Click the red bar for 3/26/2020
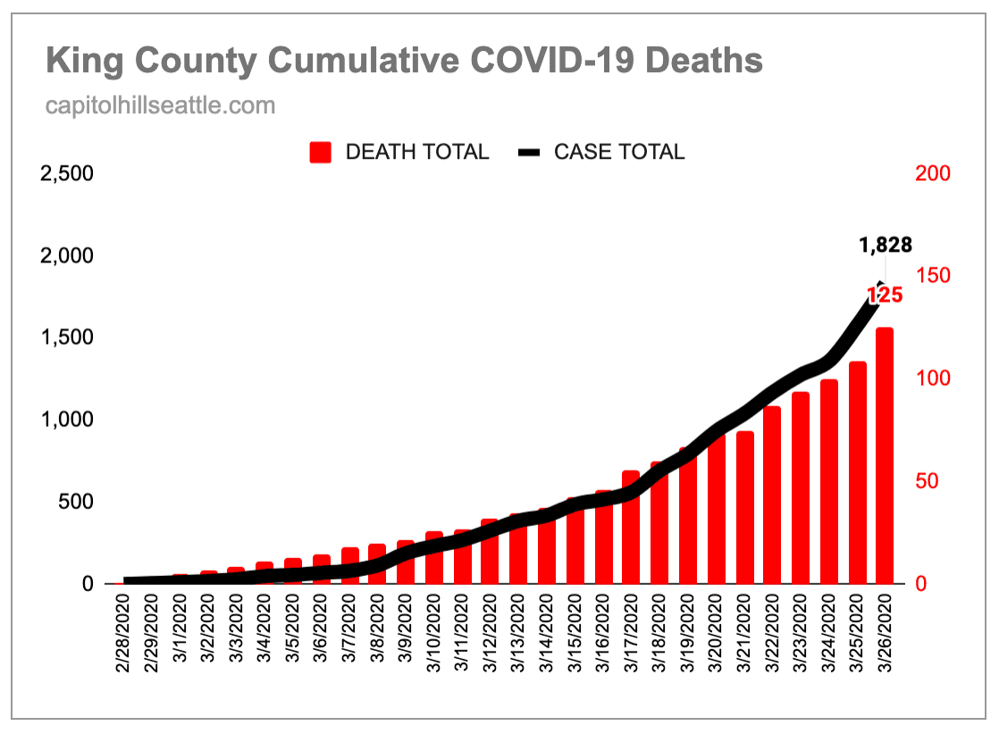tap(885, 455)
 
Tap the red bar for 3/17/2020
tap(631, 527)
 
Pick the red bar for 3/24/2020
tap(829, 481)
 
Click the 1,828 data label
tap(885, 245)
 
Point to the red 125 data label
tap(885, 295)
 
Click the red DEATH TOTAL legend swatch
tap(321, 153)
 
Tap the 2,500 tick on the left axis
tap(68, 173)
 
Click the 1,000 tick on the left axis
tap(68, 420)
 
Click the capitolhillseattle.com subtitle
tap(160, 106)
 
